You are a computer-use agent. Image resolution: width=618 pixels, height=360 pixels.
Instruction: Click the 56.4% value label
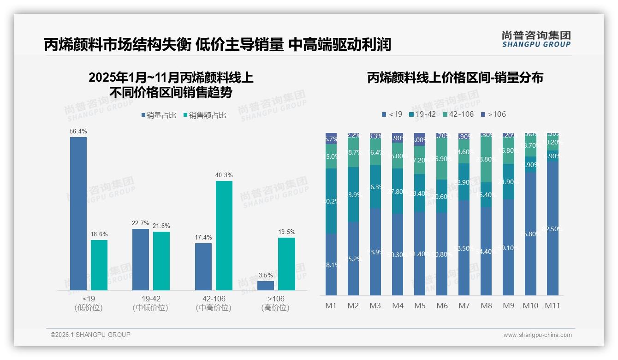point(78,132)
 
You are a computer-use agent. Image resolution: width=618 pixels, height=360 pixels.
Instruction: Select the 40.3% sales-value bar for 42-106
point(224,235)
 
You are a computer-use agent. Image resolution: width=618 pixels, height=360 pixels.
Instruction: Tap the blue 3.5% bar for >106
point(266,285)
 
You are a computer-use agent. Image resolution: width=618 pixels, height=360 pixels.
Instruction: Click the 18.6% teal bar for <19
point(99,265)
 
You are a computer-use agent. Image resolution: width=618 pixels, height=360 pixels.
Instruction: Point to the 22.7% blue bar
point(141,259)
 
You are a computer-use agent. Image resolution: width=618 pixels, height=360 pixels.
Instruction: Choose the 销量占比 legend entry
point(158,115)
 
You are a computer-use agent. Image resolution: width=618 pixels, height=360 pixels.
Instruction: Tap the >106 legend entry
point(493,114)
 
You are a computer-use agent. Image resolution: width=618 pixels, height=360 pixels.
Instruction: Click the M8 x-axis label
point(486,306)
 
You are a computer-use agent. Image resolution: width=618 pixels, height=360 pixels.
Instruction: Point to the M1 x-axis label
point(331,306)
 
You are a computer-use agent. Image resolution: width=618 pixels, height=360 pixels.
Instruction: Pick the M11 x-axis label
point(552,306)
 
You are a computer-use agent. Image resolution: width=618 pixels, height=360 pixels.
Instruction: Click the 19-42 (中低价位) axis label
point(150,303)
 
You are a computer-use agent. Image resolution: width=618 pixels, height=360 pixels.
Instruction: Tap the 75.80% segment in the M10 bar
point(530,234)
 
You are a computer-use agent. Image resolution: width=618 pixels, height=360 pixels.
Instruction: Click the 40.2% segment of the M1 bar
point(331,201)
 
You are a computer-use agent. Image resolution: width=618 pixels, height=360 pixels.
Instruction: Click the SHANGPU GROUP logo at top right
point(536,39)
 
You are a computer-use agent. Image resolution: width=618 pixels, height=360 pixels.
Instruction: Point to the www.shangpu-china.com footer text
point(537,335)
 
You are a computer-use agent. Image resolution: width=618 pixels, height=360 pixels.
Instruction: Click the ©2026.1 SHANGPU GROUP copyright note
point(90,335)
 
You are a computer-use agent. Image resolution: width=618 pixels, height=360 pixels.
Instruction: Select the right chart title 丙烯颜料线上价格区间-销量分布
point(455,78)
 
